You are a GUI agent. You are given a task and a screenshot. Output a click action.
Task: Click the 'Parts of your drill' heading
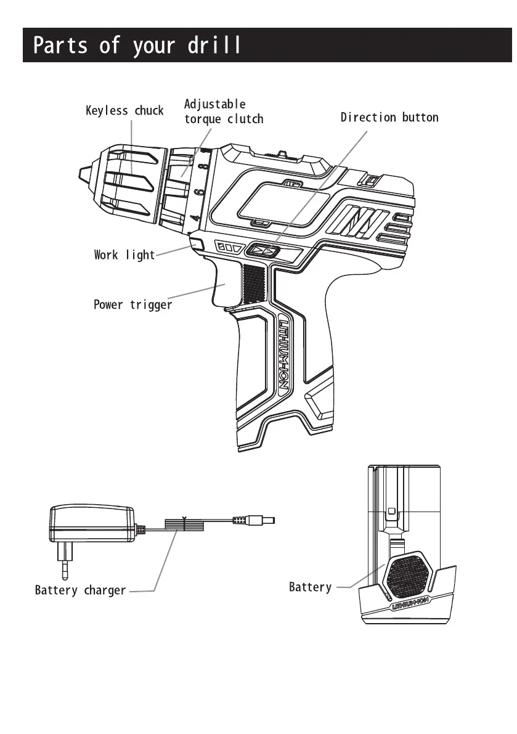click(x=137, y=46)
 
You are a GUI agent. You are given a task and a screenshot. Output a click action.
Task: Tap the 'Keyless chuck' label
click(x=124, y=111)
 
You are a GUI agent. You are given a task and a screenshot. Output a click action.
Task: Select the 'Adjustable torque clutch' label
click(x=223, y=112)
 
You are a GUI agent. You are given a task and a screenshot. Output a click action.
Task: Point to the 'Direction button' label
click(x=389, y=117)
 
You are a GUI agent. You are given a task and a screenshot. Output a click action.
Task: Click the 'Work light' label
click(x=124, y=255)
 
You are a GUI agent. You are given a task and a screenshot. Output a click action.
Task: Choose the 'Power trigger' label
click(x=132, y=304)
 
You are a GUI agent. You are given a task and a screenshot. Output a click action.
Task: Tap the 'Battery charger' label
click(x=80, y=590)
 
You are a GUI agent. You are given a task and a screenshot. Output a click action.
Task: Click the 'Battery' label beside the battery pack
click(x=310, y=587)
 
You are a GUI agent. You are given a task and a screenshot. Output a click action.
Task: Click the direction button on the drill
click(x=264, y=251)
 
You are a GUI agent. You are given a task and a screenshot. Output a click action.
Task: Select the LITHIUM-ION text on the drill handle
click(x=284, y=354)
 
